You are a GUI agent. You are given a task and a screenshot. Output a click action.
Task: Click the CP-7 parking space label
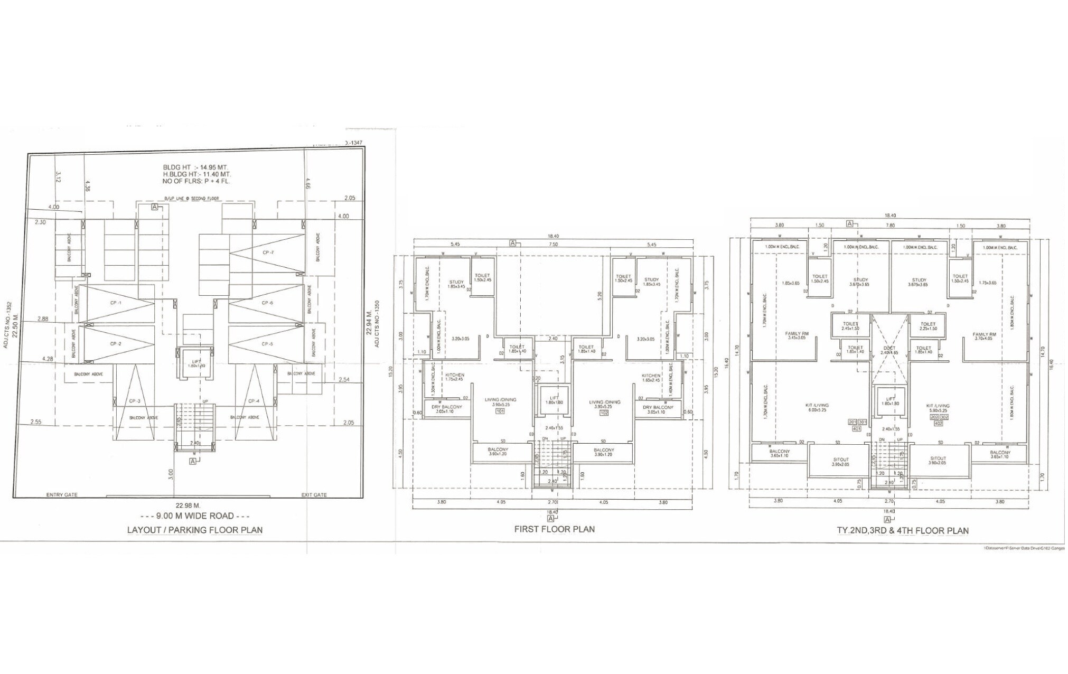268,252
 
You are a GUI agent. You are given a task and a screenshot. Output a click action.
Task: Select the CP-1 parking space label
116,303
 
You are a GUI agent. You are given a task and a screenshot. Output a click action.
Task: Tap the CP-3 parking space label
134,401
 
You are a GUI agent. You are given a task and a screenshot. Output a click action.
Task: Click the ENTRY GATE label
62,495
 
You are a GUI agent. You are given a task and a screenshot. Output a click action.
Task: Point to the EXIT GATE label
314,495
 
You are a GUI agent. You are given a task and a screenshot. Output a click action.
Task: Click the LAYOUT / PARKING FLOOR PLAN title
195,530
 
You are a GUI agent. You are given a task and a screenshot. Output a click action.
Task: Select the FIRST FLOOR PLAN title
554,529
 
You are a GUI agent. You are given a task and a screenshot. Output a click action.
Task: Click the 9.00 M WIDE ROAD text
195,516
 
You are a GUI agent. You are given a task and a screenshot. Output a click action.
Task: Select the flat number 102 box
604,414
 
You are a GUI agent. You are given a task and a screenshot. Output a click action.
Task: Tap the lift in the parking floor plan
195,363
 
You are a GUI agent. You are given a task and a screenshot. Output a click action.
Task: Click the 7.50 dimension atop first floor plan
553,245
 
